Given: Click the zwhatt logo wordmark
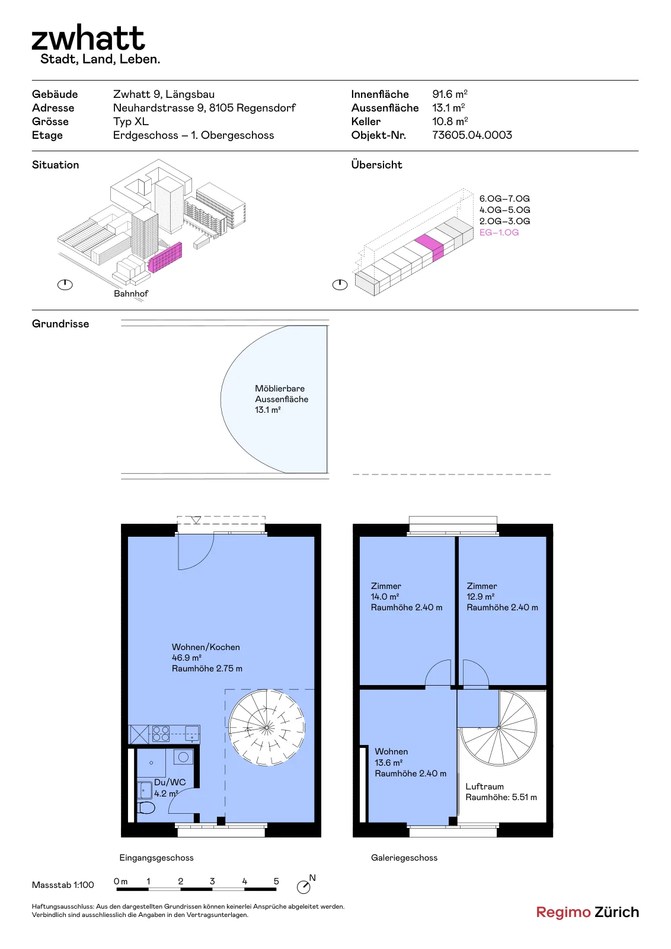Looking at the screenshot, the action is click(x=88, y=38).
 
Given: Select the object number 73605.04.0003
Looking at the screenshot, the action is click(x=472, y=135).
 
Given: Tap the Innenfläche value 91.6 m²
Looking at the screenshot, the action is click(x=449, y=94).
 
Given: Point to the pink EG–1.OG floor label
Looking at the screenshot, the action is click(x=499, y=232).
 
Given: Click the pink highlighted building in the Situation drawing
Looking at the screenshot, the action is click(x=165, y=257).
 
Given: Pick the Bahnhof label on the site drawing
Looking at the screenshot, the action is click(x=131, y=293).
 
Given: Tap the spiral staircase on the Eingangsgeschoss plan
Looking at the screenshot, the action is click(x=267, y=728).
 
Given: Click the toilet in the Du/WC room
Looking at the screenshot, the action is click(x=146, y=807).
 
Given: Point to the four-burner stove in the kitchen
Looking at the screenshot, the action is click(x=161, y=734).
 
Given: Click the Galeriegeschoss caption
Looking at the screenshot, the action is click(x=404, y=858).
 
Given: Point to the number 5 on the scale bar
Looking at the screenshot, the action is click(x=276, y=881).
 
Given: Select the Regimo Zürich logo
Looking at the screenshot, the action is click(x=587, y=912).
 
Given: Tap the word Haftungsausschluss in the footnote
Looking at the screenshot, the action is click(x=63, y=907).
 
